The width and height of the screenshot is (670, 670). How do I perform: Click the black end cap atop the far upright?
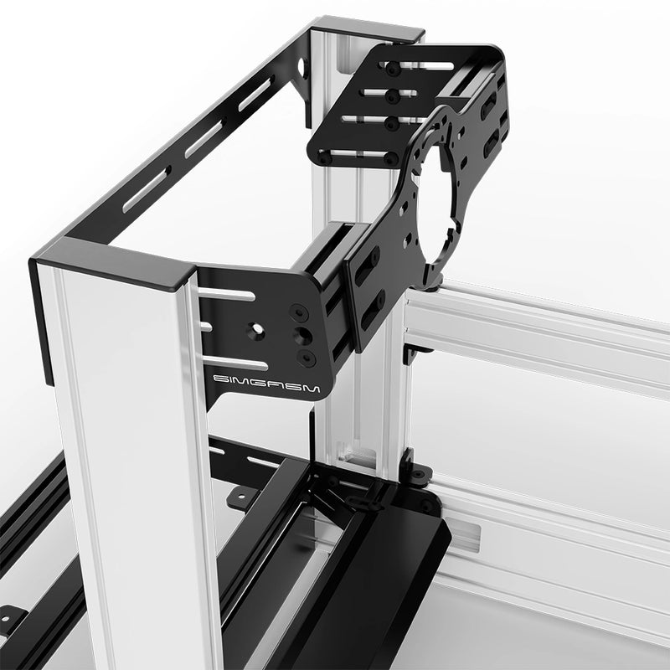tap(368, 31)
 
